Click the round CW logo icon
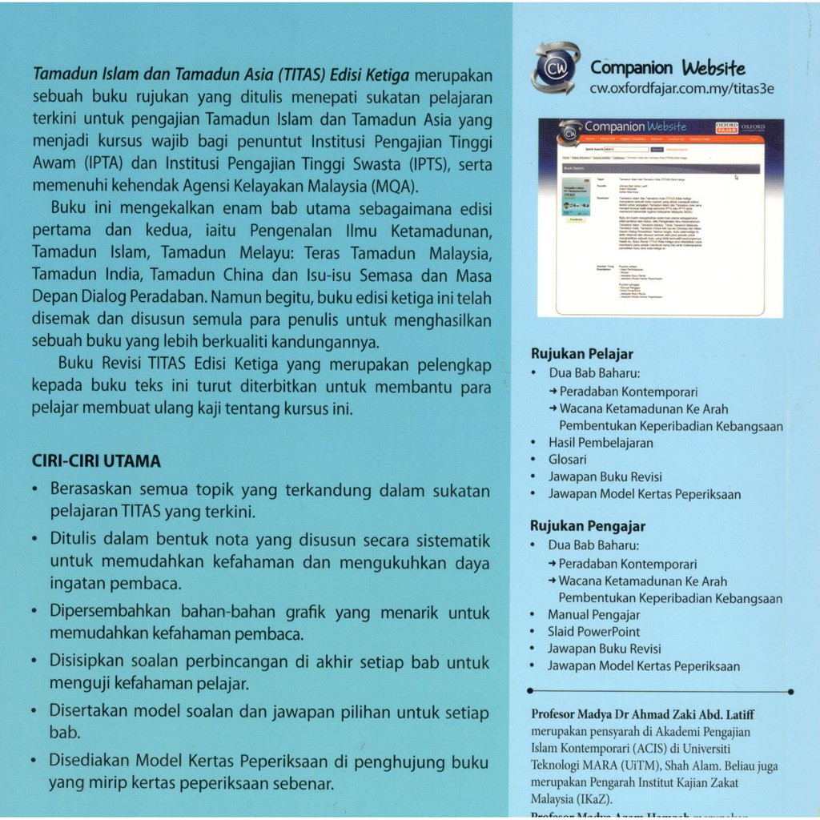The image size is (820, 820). pos(555,67)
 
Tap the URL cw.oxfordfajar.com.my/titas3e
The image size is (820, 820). pos(681,89)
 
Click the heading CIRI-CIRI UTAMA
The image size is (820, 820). pos(96,461)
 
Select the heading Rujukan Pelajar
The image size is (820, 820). pos(582,354)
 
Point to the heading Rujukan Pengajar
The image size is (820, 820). pos(587,526)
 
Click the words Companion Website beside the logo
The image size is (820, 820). pos(667,67)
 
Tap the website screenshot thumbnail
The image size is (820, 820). pos(661,217)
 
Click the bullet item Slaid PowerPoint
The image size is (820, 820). pos(593,632)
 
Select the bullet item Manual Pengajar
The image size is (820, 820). pos(593,615)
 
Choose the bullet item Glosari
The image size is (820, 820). pos(567,460)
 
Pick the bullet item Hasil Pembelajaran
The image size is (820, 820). pos(601,443)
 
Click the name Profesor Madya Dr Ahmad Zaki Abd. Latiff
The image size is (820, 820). pos(643,714)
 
